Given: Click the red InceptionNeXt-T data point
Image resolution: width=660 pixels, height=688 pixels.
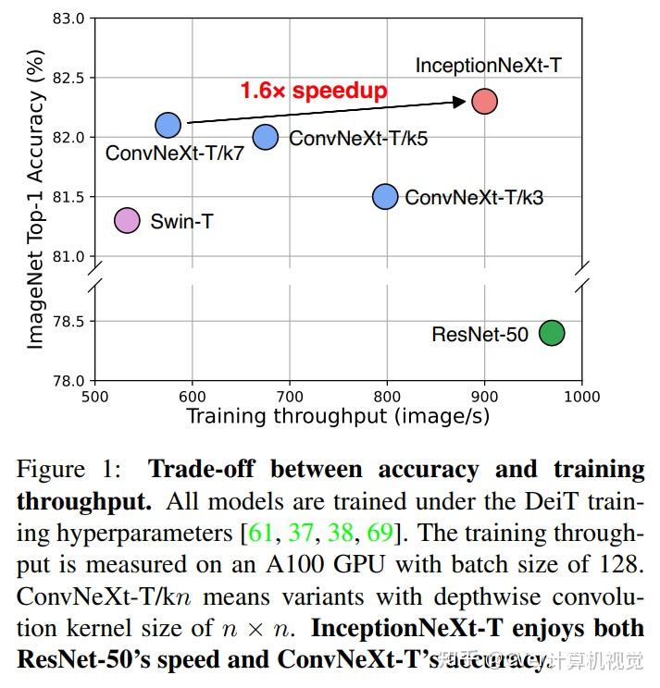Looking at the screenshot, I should (484, 101).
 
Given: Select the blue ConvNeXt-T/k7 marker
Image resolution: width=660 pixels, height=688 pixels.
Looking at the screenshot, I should (168, 125).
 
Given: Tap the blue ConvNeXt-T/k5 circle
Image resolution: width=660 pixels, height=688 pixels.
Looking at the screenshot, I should (266, 137).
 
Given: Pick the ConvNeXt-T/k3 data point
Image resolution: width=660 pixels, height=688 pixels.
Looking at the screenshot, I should (385, 196).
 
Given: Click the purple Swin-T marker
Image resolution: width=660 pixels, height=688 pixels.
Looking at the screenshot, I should (127, 220).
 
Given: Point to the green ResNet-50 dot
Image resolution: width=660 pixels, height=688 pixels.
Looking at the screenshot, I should (552, 333).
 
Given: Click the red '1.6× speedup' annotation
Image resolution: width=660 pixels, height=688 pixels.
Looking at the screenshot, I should (314, 91).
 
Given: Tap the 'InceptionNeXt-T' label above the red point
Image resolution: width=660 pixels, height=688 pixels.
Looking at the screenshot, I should (488, 66).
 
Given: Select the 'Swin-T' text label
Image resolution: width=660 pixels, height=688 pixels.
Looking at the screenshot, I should (181, 221).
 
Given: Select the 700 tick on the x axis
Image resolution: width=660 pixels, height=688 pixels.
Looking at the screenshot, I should (290, 396).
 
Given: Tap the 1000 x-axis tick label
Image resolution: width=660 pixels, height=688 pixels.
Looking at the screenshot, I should (582, 396).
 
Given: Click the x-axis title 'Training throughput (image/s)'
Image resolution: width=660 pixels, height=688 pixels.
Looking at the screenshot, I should (338, 416).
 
